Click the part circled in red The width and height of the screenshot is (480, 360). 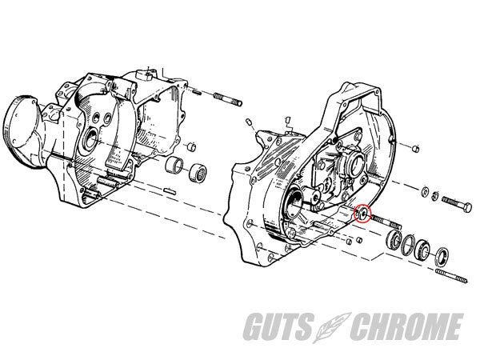[x=362, y=213]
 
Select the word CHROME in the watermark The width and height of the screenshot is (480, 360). [x=406, y=326]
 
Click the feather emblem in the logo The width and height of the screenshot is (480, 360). [x=331, y=326]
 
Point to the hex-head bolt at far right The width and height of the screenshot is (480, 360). [x=457, y=204]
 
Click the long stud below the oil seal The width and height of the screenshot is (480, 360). [x=451, y=275]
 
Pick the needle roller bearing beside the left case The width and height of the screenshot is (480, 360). [x=198, y=173]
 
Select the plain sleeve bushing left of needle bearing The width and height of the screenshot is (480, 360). [x=174, y=166]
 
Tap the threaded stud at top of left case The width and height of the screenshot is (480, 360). [x=227, y=99]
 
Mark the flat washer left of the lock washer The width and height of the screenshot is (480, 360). [x=426, y=192]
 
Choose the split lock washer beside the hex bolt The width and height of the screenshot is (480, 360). [x=434, y=196]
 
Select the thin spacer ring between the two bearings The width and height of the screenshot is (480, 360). [x=408, y=245]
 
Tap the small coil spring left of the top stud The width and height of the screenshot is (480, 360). [x=197, y=91]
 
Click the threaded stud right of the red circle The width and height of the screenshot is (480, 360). [x=386, y=222]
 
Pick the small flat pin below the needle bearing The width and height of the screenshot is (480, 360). [x=170, y=191]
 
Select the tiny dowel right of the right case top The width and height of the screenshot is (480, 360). [x=415, y=149]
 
